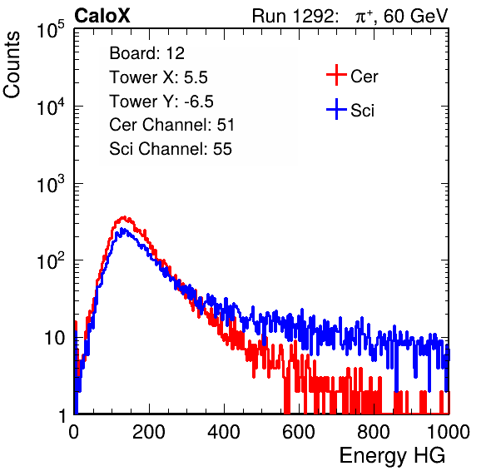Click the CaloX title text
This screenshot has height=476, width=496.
click(102, 16)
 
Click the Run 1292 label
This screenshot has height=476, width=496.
click(293, 16)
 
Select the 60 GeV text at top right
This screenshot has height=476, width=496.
click(416, 17)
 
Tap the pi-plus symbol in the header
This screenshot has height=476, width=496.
click(364, 17)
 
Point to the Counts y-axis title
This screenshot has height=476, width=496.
click(12, 65)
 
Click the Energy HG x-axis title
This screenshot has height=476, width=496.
click(392, 455)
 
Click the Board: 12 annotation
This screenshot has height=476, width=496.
click(146, 53)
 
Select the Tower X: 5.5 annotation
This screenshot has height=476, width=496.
click(158, 77)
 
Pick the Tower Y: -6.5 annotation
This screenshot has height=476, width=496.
click(161, 102)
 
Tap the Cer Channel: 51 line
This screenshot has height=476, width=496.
click(171, 125)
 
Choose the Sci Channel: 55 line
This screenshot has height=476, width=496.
click(171, 149)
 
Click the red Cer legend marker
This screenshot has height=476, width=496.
click(336, 75)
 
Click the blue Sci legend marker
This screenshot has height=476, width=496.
click(336, 110)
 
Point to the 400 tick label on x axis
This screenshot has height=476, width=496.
click(224, 431)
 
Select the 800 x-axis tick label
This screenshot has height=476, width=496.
click(374, 431)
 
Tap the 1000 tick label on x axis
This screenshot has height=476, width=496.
click(449, 431)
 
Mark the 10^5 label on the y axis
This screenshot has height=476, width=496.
click(51, 29)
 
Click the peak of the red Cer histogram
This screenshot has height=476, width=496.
click(124, 217)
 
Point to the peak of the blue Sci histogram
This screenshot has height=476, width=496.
click(124, 230)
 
